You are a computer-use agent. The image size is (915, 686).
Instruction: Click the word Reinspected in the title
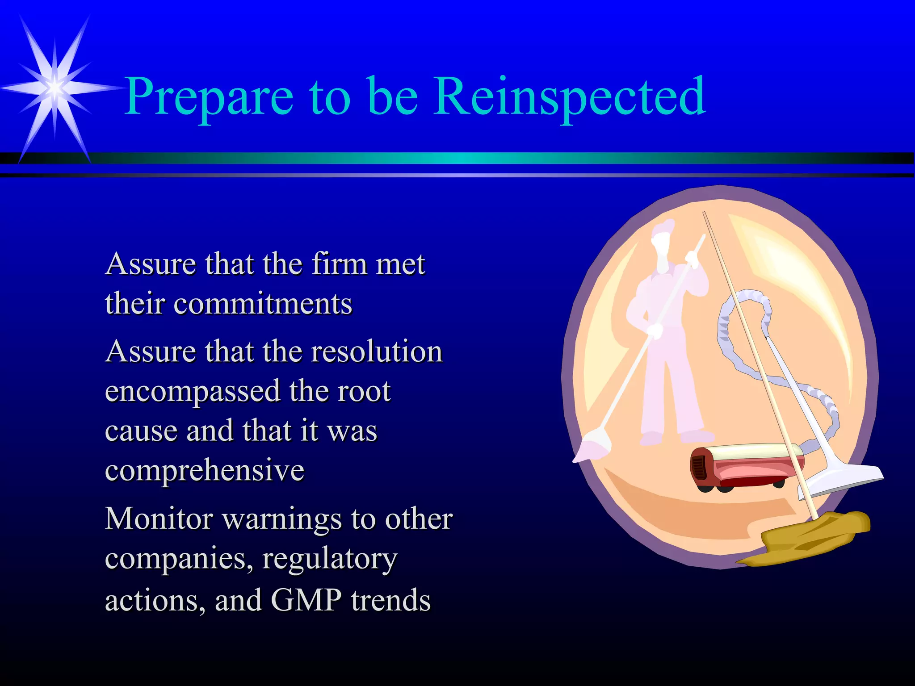point(570,96)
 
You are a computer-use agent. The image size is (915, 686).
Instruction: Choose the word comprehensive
point(205,470)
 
